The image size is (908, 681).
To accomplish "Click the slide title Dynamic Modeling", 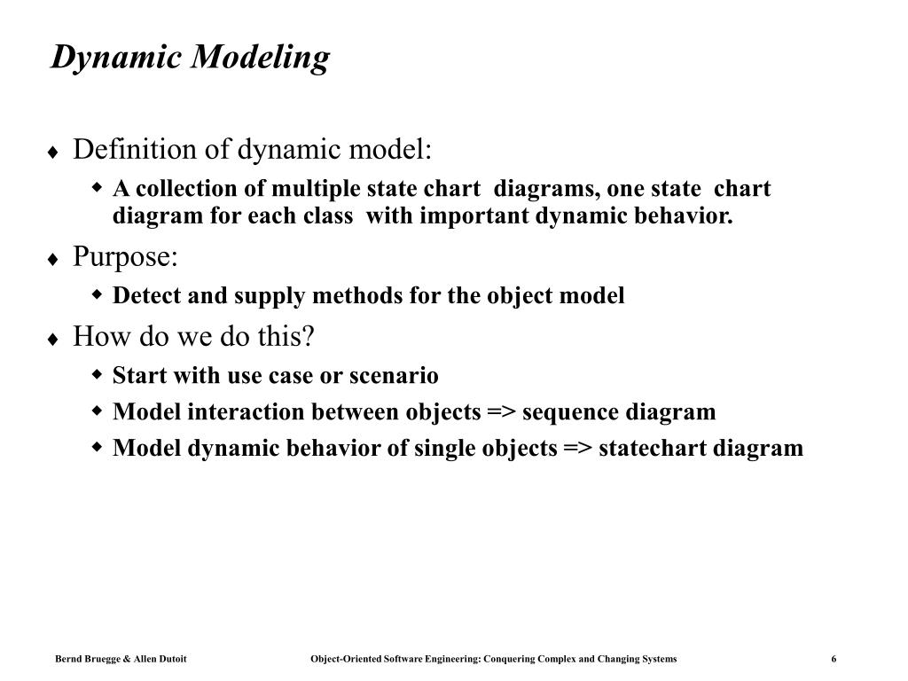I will pyautogui.click(x=190, y=59).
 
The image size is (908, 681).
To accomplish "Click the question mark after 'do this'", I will pyautogui.click(x=309, y=337).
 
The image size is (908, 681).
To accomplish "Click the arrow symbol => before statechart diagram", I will pyautogui.click(x=577, y=448).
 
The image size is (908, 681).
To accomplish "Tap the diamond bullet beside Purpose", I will pyautogui.click(x=54, y=260).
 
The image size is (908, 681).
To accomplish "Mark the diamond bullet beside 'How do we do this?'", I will pyautogui.click(x=54, y=340).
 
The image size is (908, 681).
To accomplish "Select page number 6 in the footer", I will pyautogui.click(x=834, y=659).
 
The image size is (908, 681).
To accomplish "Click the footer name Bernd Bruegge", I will pyautogui.click(x=85, y=659).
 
